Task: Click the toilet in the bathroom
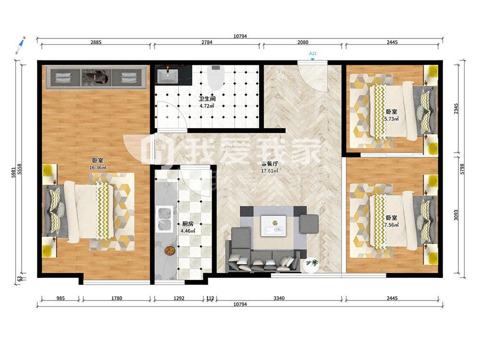(x=216, y=78)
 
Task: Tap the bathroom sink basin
(x=168, y=76)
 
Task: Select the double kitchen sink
(x=164, y=218)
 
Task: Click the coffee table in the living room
(x=274, y=226)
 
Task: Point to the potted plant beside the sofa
(x=312, y=264)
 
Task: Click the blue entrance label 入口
(x=312, y=54)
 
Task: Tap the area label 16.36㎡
(x=98, y=168)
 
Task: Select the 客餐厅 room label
(x=269, y=164)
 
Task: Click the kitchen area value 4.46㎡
(x=188, y=231)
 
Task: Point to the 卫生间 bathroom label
(x=207, y=99)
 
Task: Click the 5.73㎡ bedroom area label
(x=392, y=119)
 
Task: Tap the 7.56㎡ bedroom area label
(x=392, y=225)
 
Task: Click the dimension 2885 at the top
(x=96, y=42)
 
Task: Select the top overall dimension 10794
(x=240, y=36)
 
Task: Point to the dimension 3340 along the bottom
(x=279, y=298)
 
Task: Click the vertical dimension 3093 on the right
(x=456, y=216)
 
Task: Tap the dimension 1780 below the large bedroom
(x=117, y=298)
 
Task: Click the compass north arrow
(x=21, y=45)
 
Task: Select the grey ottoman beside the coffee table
(x=309, y=223)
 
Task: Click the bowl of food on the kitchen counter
(x=169, y=251)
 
